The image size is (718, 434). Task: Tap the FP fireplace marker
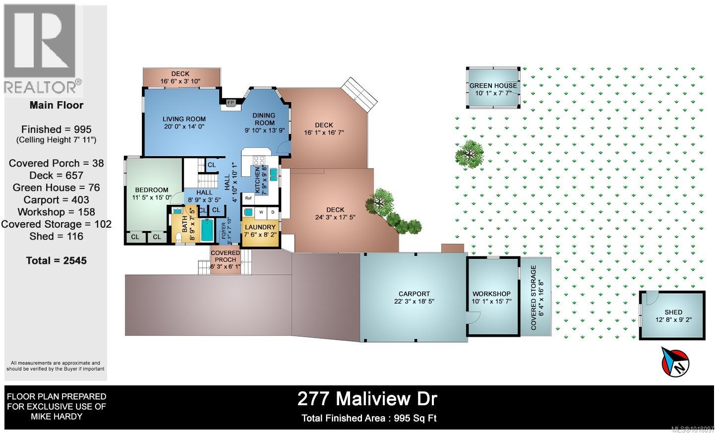click(230, 103)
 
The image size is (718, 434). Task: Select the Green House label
click(493, 85)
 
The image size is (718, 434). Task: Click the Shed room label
click(673, 312)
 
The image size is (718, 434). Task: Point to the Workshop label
click(491, 294)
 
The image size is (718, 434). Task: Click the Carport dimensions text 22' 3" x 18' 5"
click(414, 301)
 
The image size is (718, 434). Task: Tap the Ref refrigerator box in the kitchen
click(248, 198)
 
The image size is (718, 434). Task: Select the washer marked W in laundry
click(261, 212)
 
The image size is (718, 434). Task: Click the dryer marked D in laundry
click(272, 212)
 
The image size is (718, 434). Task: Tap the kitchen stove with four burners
click(259, 161)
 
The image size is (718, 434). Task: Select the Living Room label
click(184, 119)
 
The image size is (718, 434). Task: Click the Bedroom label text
click(151, 189)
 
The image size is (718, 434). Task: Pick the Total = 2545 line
click(56, 260)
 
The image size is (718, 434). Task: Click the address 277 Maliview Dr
click(367, 398)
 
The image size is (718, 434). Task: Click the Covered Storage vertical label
click(534, 298)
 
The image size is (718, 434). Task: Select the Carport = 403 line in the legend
click(56, 199)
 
